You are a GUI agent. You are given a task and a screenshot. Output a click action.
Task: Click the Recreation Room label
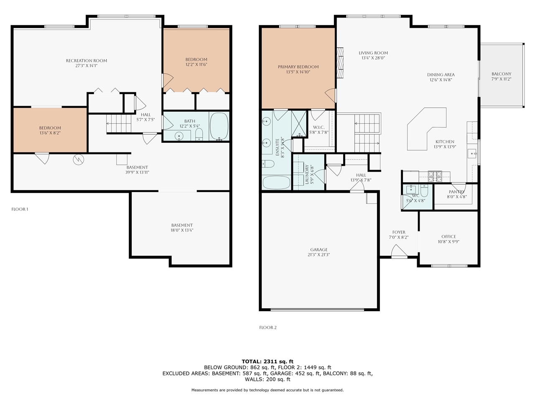[87, 61]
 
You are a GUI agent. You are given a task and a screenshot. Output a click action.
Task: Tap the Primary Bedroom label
[298, 67]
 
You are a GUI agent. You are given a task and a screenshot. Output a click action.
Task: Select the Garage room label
[319, 249]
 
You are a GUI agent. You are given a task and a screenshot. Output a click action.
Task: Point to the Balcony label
[501, 74]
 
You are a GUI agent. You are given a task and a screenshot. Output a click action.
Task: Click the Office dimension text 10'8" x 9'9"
[448, 242]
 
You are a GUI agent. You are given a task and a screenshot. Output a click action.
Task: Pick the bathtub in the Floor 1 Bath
[219, 126]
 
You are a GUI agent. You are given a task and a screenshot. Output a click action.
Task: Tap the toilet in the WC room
[424, 190]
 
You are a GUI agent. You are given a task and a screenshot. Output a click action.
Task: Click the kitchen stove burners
[435, 177]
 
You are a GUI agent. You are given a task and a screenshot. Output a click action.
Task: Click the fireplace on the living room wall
[340, 63]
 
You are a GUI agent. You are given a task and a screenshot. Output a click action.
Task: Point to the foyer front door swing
[399, 251]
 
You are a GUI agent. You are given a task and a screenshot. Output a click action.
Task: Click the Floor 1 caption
[20, 209]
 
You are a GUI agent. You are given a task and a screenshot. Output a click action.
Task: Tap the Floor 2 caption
[268, 327]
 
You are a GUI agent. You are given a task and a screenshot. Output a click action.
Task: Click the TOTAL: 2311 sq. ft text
[267, 361]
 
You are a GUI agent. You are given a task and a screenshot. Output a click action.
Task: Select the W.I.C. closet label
[319, 127]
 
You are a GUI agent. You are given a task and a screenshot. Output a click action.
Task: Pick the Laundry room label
[307, 174]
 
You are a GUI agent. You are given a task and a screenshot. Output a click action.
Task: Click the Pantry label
[457, 192]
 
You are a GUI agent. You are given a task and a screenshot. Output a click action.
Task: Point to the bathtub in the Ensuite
[276, 183]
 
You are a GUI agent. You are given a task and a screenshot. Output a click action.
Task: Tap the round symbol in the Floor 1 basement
[79, 160]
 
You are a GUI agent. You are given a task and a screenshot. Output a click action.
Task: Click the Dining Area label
[441, 75]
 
